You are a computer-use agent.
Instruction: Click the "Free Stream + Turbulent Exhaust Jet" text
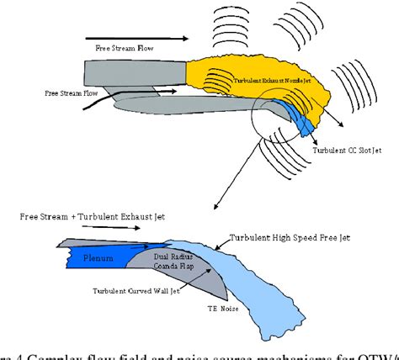click(x=93, y=216)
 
